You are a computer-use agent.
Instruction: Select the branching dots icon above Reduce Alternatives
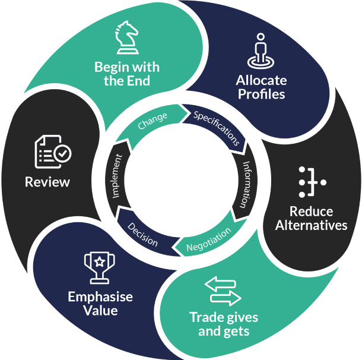(312, 182)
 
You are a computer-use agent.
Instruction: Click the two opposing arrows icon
(223, 290)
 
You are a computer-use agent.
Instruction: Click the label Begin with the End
(127, 74)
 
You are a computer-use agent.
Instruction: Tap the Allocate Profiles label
(261, 87)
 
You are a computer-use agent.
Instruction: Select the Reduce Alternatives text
(312, 218)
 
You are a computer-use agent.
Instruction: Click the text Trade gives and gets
(224, 324)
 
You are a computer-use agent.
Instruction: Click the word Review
(47, 182)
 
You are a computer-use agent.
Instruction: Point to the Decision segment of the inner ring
(143, 233)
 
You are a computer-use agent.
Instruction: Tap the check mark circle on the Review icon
(62, 154)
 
